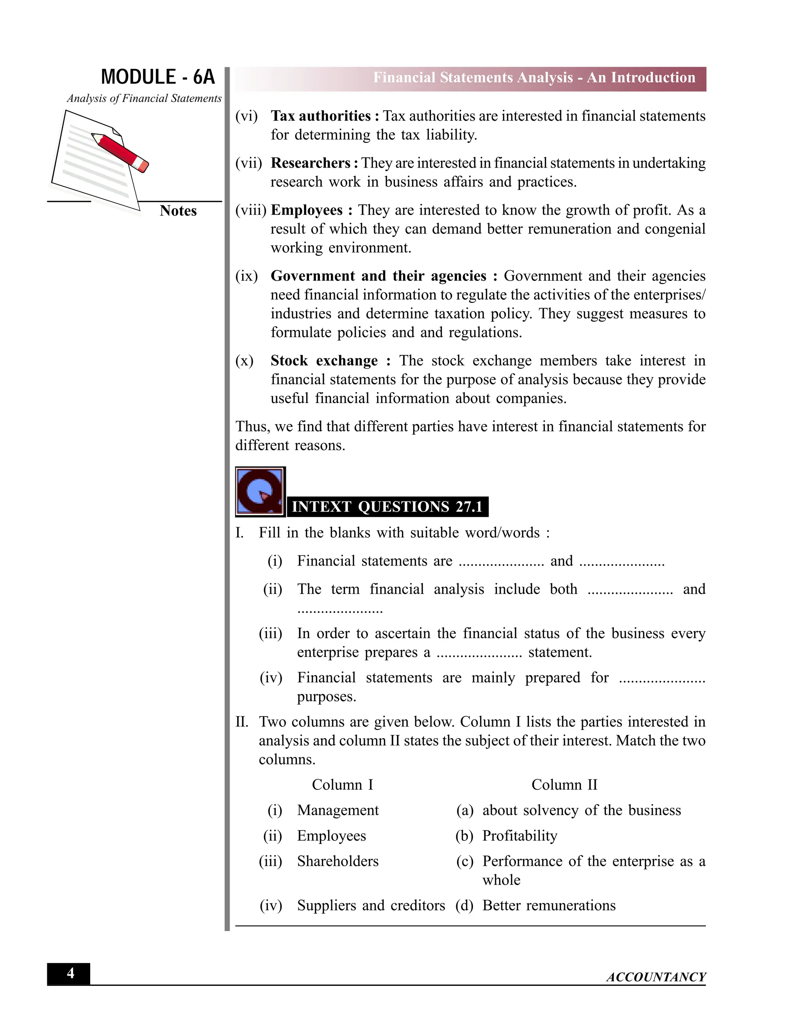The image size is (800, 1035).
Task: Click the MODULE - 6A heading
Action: [158, 77]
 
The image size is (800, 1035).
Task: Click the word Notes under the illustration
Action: [178, 211]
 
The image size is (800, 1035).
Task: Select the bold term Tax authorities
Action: [320, 116]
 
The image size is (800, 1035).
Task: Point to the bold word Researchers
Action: [311, 163]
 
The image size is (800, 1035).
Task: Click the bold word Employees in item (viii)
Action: [307, 210]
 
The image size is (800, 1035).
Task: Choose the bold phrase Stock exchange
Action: [324, 360]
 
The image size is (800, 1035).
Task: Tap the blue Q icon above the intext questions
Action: [260, 491]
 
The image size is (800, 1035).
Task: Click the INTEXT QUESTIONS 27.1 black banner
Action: [387, 507]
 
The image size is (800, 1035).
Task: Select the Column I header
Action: [342, 785]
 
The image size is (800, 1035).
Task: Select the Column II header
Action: [564, 785]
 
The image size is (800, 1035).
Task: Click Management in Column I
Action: [338, 810]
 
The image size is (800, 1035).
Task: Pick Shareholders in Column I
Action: [338, 861]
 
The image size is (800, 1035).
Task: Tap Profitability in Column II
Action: [520, 835]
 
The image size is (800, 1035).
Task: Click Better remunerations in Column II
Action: [549, 906]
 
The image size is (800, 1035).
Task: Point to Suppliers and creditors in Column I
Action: [371, 906]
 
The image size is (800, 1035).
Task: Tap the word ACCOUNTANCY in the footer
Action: [656, 977]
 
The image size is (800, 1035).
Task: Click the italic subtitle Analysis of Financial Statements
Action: [144, 98]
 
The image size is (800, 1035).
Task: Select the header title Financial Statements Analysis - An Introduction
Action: [534, 78]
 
